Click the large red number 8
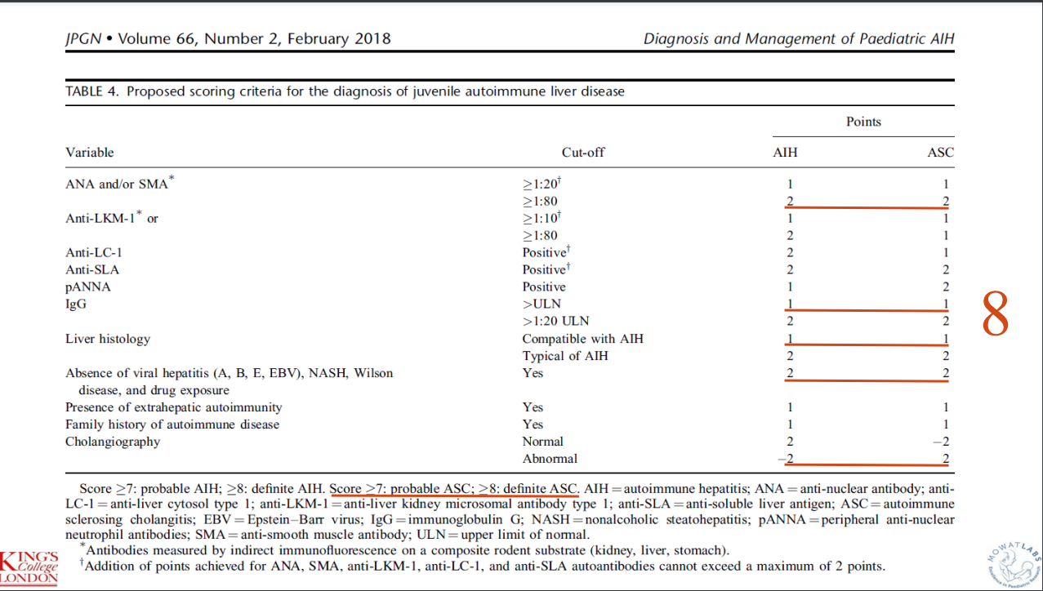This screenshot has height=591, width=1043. point(995,313)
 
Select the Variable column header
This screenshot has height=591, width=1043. point(90,153)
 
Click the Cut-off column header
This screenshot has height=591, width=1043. point(583,153)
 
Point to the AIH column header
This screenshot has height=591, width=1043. point(785,153)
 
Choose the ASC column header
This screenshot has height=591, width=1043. point(940,153)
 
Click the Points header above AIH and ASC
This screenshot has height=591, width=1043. point(863,122)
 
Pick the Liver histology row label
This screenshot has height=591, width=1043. point(108,339)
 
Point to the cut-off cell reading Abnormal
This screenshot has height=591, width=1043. point(550,459)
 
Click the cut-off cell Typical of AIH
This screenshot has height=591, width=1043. point(565,356)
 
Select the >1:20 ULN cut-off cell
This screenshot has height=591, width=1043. point(555,321)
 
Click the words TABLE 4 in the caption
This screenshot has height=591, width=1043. point(91,91)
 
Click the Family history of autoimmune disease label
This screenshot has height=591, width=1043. point(172,424)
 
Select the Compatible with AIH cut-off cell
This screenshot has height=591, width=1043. point(581,339)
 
